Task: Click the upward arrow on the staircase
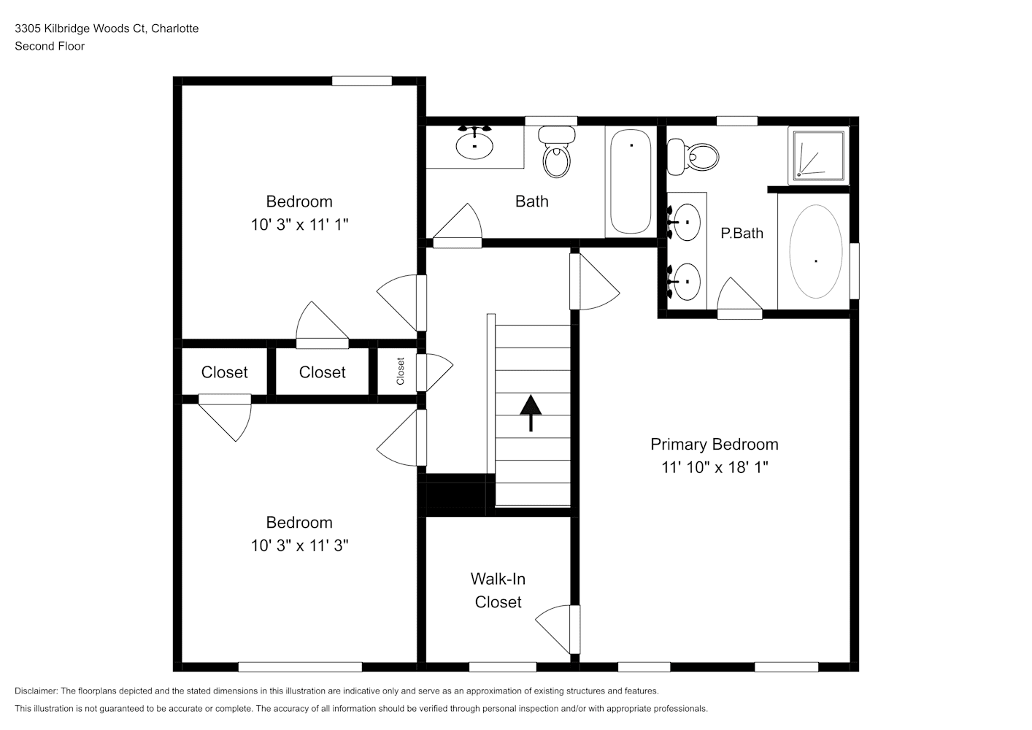click(531, 413)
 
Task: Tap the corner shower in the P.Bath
click(818, 155)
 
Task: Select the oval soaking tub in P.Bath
click(816, 252)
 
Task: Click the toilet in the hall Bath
click(557, 152)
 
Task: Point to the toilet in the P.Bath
click(693, 157)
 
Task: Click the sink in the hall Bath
click(474, 143)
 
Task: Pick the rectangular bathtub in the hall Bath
click(631, 181)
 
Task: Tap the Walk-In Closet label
click(498, 591)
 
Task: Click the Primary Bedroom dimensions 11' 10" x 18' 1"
click(715, 467)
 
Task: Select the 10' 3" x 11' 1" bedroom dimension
click(299, 225)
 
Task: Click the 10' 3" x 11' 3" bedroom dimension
click(299, 545)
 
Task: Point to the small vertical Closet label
click(401, 372)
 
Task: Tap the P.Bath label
click(742, 233)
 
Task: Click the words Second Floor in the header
click(50, 46)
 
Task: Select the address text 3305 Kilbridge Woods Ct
click(80, 28)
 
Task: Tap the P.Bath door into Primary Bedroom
click(739, 298)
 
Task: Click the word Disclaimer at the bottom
click(36, 691)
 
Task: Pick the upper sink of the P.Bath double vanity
click(685, 222)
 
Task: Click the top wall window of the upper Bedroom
click(362, 81)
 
